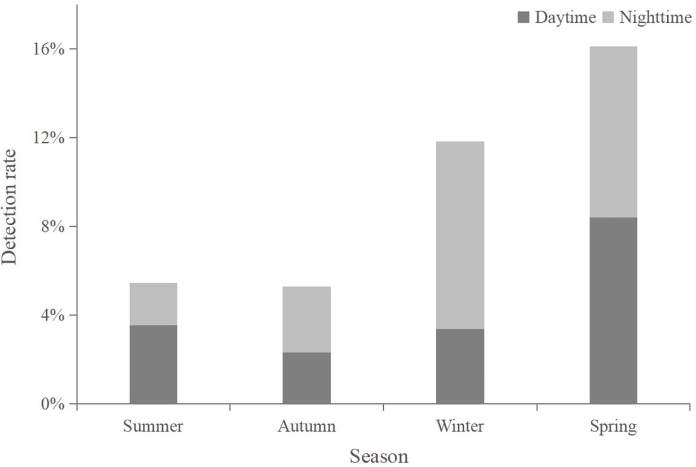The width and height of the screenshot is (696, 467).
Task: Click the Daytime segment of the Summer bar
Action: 153,364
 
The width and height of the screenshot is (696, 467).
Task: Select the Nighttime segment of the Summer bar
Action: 153,303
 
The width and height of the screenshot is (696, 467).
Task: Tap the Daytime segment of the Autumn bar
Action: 307,377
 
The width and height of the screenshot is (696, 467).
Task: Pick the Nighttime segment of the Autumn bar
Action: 307,319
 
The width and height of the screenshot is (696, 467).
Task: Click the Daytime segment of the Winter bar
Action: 460,366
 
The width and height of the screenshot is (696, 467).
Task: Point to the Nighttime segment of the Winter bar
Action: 460,235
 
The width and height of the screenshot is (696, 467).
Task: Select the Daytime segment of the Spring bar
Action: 613,310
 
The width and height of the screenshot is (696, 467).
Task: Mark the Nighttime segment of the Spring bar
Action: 613,131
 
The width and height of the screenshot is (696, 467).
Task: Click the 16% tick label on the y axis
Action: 48,49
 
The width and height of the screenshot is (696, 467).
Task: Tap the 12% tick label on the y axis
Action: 48,138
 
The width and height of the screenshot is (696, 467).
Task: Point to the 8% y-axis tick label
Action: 52,226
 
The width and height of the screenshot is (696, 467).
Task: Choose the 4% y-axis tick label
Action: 52,315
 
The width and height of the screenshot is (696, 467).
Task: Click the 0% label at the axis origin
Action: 52,404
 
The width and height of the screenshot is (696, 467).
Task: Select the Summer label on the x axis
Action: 153,426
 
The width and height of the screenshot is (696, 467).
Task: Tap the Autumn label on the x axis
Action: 307,426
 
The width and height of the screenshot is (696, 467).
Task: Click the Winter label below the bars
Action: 460,426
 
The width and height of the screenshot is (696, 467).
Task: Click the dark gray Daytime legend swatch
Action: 523,18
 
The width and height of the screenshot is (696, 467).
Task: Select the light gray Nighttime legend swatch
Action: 608,18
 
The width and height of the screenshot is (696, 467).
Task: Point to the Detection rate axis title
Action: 9,207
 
